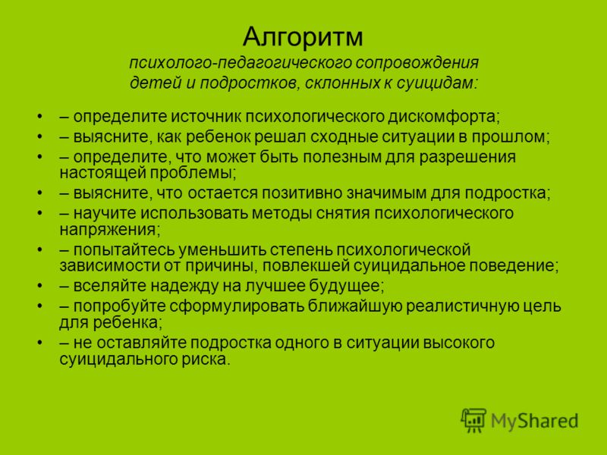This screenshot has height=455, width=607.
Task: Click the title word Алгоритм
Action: [303, 36]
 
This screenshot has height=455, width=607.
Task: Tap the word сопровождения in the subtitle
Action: [417, 63]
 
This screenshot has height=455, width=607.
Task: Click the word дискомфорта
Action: [444, 117]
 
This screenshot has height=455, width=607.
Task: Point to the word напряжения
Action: [109, 230]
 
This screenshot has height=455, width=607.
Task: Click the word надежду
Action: [184, 286]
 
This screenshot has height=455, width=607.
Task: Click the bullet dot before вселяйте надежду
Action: [39, 286]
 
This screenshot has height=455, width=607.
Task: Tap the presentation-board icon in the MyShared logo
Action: [473, 420]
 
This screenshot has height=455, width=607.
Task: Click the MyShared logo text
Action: [534, 421]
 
